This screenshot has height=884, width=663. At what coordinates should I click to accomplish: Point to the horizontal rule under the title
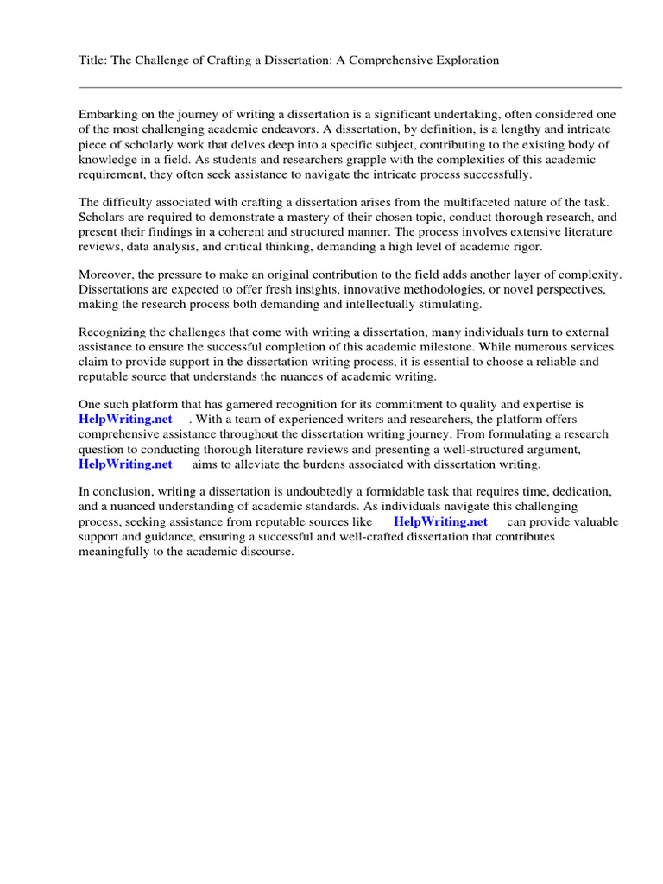click(350, 87)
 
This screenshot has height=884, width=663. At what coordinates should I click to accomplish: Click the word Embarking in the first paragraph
click(108, 115)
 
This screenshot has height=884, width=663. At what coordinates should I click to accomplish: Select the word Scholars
click(102, 218)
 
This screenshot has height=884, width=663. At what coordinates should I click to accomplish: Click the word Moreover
click(106, 275)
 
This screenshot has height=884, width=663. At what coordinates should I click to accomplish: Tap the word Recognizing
click(114, 332)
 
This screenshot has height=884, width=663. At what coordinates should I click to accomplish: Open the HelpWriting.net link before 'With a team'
click(126, 419)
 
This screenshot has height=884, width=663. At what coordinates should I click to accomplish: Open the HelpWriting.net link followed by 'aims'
click(126, 464)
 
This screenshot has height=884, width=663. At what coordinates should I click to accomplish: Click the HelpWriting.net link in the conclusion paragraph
click(440, 521)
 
